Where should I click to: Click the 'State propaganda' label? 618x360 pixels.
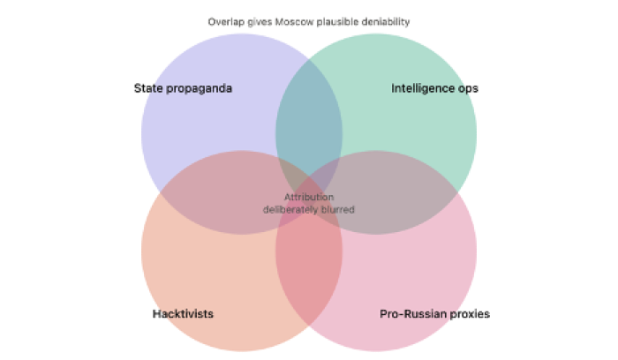click(183, 88)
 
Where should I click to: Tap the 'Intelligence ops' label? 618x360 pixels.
click(434, 88)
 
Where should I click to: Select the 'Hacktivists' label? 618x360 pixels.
click(183, 314)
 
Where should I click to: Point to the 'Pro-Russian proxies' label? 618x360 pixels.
click(434, 314)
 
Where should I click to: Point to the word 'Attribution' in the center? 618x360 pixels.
click(309, 197)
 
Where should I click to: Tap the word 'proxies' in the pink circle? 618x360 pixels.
click(470, 314)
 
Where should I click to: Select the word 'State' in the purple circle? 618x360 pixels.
click(148, 88)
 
